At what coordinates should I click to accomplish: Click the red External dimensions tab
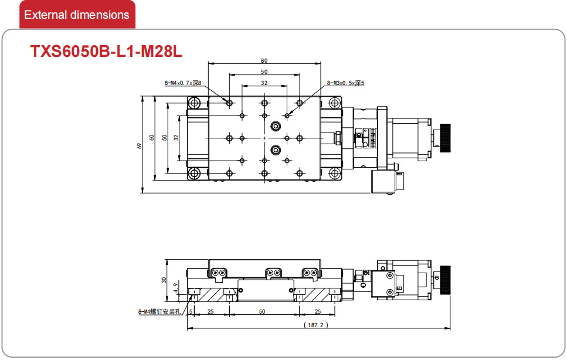[77, 15]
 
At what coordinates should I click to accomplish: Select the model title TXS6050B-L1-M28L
[106, 52]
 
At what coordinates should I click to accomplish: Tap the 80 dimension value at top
[264, 61]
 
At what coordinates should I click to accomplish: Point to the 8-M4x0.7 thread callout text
[182, 83]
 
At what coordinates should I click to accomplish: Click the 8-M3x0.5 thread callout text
[346, 83]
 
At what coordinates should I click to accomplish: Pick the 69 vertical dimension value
[139, 145]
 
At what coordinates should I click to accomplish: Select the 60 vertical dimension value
[151, 138]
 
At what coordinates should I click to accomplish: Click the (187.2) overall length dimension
[316, 325]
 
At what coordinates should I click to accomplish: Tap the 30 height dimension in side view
[164, 280]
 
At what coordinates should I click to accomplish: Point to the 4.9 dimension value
[175, 288]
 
